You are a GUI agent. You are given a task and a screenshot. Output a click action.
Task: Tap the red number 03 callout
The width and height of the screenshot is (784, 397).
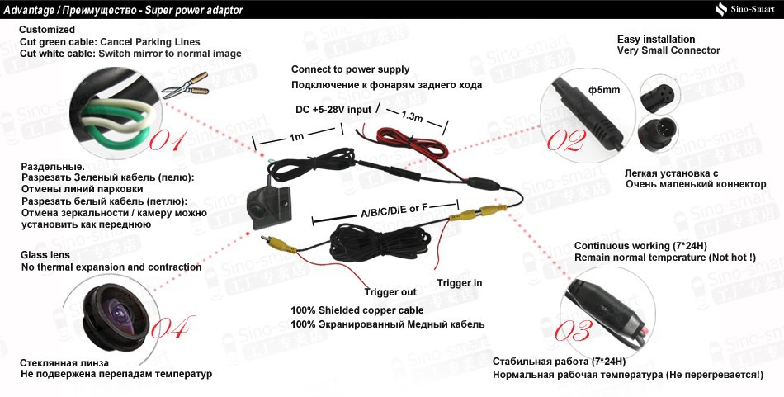572,331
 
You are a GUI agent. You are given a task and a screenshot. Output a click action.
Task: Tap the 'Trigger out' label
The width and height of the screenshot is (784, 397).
390,292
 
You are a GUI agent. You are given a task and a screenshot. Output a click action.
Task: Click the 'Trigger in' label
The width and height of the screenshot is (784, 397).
460,283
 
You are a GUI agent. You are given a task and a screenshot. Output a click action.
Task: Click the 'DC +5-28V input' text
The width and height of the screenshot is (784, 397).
333,110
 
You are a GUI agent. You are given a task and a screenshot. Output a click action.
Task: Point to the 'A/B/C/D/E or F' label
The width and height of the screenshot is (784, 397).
395,211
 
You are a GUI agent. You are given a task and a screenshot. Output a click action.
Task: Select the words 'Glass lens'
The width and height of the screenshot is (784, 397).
45,255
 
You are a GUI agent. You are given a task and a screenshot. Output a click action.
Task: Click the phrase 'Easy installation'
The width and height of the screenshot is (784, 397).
656,40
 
